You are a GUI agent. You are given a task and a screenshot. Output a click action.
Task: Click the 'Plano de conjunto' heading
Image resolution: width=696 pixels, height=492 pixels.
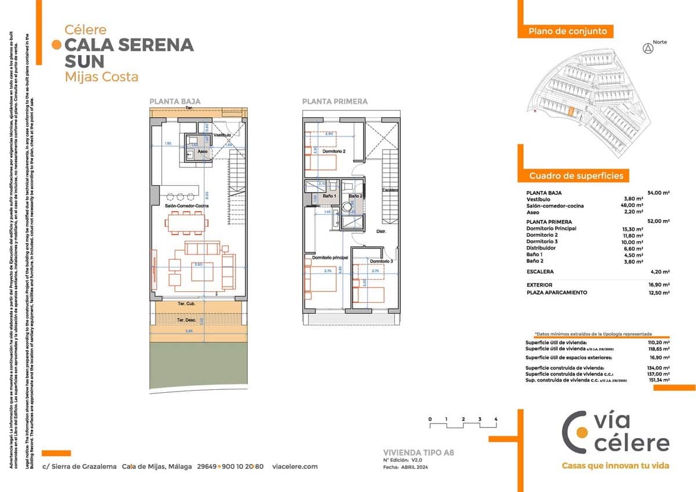pos(567,31)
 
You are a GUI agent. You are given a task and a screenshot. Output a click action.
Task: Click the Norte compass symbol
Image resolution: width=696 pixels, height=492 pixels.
pos(648,49)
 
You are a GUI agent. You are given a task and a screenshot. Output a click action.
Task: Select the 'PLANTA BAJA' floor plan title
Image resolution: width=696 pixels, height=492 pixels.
pos(175,102)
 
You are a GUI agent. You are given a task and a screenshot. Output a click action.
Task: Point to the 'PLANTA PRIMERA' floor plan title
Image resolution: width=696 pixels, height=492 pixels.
pos(334,102)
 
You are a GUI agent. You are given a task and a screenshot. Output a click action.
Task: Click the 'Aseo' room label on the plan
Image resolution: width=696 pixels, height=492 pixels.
pos(202,151)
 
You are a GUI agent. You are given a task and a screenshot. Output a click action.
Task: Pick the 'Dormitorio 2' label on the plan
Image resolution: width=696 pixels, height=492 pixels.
pos(334,151)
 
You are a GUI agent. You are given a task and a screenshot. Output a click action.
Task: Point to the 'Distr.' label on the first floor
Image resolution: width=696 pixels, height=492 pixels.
pos(381,231)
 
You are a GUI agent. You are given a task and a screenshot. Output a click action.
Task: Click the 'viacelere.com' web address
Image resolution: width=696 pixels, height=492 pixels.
pos(295,466)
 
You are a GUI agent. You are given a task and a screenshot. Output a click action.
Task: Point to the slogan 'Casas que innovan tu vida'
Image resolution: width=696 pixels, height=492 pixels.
pos(615,465)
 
